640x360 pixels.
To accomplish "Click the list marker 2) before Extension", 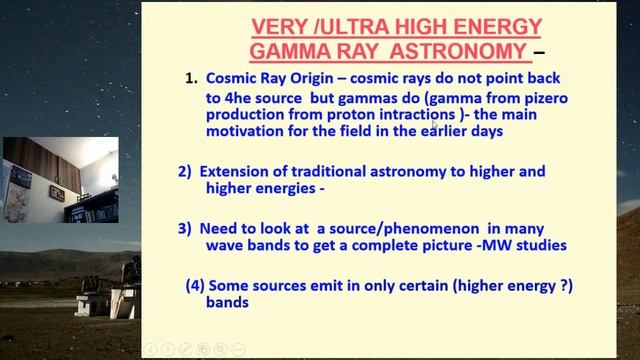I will tap(185, 171).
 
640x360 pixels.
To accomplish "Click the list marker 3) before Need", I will tap(185, 228).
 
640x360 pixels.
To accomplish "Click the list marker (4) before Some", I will tap(196, 285).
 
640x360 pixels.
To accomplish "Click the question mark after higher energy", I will tap(565, 285).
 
